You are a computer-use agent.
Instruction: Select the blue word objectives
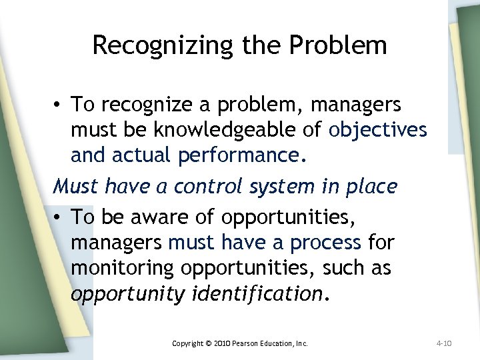[377, 129]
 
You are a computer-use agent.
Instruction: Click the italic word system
[277, 186]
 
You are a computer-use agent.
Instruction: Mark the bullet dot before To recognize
[59, 105]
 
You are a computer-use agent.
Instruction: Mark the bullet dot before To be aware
[59, 217]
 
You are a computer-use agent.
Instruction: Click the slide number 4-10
[444, 343]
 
